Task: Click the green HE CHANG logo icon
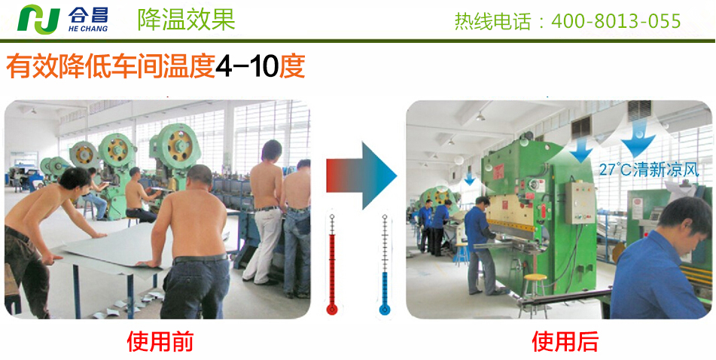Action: coord(38,19)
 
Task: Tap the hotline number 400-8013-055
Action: coord(616,21)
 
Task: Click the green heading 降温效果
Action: coord(186,20)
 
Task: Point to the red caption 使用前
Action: coord(160,341)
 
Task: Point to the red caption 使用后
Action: coord(565,341)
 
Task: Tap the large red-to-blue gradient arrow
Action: coord(361,175)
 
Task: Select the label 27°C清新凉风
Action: coord(649,170)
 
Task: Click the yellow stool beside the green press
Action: coord(535,292)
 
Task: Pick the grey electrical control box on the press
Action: coord(580,203)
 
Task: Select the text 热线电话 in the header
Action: coord(492,21)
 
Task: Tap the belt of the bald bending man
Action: coord(200,258)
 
